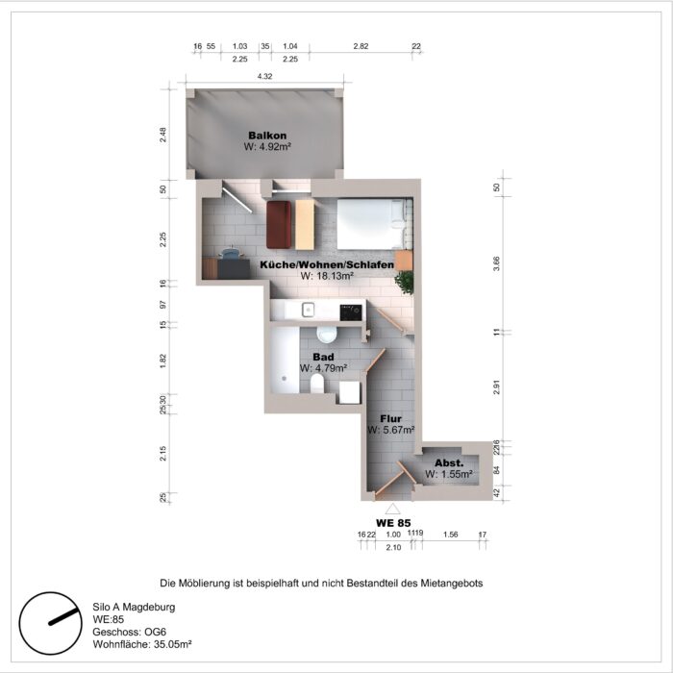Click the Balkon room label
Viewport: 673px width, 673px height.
pyautogui.click(x=267, y=135)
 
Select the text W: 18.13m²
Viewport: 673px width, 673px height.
pyautogui.click(x=328, y=276)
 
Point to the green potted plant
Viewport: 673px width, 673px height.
pyautogui.click(x=405, y=281)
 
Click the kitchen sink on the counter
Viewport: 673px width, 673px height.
pyautogui.click(x=308, y=310)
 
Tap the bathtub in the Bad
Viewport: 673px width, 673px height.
pyautogui.click(x=285, y=360)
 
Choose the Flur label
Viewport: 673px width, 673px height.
pyautogui.click(x=389, y=419)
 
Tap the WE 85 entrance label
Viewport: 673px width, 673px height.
pyautogui.click(x=392, y=522)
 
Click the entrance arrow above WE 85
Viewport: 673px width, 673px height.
pyautogui.click(x=392, y=508)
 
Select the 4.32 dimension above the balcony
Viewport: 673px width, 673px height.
pyautogui.click(x=264, y=76)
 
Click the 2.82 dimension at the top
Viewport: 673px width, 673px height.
pyautogui.click(x=361, y=46)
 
